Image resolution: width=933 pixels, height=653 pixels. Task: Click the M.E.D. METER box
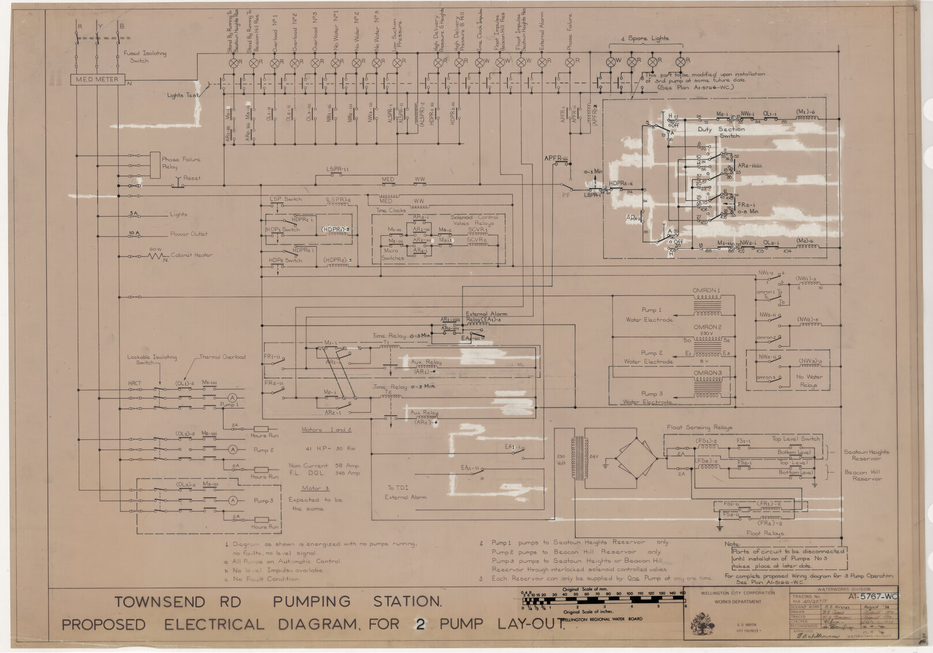(98, 80)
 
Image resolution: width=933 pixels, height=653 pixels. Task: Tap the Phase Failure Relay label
(181, 163)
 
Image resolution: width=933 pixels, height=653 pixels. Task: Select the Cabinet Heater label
(191, 255)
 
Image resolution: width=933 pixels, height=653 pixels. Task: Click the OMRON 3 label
(707, 373)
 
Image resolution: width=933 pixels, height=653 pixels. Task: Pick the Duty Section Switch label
(721, 133)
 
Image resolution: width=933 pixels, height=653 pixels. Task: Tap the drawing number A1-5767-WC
(873, 597)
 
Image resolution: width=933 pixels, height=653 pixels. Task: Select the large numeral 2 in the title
(420, 624)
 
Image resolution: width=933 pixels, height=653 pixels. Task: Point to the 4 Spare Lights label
(645, 39)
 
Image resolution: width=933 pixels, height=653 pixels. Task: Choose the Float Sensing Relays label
(699, 428)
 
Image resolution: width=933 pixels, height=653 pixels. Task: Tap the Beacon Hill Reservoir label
(863, 475)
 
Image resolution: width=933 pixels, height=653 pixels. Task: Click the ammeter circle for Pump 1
(233, 398)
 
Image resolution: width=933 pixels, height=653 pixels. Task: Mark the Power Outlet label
(188, 234)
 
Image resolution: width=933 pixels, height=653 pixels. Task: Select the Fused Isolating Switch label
(144, 56)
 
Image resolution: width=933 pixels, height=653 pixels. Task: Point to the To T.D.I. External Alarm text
(405, 492)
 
